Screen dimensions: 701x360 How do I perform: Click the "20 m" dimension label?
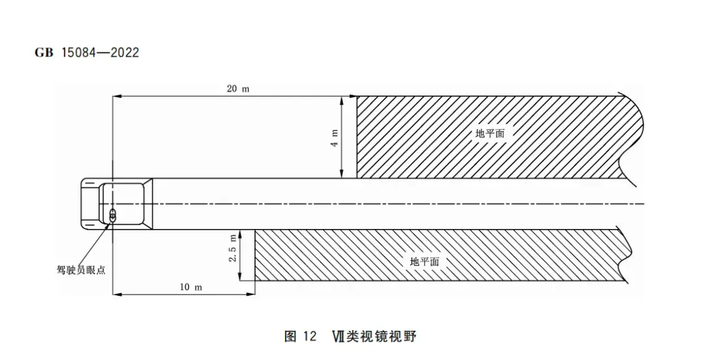click(x=238, y=88)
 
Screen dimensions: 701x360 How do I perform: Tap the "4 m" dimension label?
click(x=334, y=138)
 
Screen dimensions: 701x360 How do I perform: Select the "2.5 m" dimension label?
click(x=232, y=248)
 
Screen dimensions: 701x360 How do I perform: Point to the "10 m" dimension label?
click(x=191, y=287)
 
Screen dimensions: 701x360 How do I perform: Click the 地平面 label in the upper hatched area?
click(x=491, y=133)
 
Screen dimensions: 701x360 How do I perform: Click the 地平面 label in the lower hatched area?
click(x=424, y=261)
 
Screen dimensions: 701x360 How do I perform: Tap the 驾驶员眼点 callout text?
click(x=81, y=270)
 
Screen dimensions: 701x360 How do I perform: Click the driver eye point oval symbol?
click(x=112, y=215)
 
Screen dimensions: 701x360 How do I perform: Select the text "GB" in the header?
click(x=44, y=53)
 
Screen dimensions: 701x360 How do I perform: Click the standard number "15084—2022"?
click(x=100, y=53)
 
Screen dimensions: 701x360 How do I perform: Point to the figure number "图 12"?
click(x=300, y=336)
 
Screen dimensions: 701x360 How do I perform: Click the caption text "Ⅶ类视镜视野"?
click(x=374, y=336)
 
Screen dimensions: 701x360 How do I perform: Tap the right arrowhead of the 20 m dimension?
click(x=354, y=96)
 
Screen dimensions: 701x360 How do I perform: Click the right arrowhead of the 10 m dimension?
click(x=252, y=294)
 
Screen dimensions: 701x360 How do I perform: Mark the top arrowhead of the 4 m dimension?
click(x=341, y=100)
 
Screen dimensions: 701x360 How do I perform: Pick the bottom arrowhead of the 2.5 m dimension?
click(x=241, y=278)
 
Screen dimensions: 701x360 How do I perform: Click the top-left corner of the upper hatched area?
click(x=357, y=97)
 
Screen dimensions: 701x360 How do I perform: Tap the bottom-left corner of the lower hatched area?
click(x=255, y=280)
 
